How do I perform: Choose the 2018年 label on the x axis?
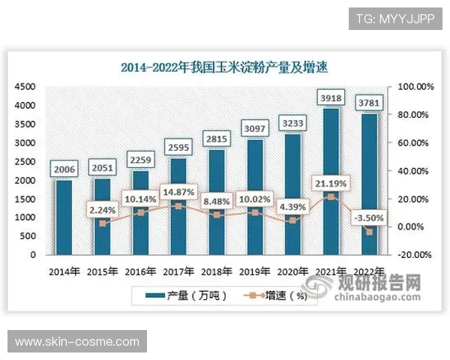click(x=216, y=271)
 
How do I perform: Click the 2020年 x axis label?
click(x=292, y=271)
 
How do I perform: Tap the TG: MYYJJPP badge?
click(x=395, y=17)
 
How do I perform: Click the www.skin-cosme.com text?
click(x=77, y=342)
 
